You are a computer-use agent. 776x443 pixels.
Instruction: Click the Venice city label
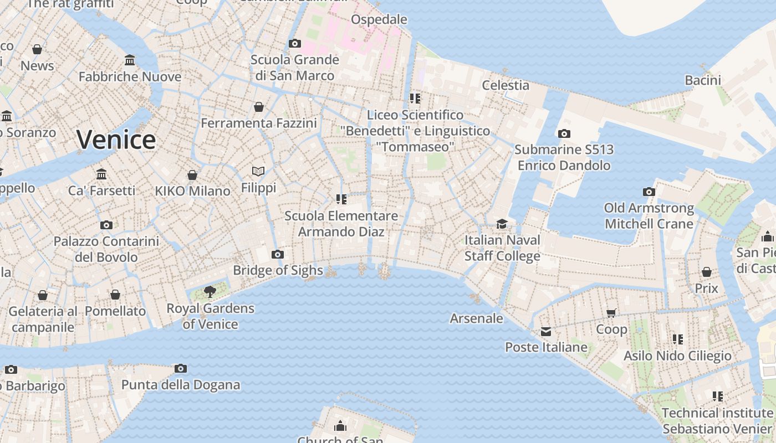(116, 140)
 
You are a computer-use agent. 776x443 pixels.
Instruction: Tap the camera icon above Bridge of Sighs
(278, 254)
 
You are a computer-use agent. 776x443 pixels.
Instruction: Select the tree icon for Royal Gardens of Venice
(210, 291)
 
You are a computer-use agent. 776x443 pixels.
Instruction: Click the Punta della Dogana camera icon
(180, 368)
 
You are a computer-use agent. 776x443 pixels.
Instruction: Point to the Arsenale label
(476, 318)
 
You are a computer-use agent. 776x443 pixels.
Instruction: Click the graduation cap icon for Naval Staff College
(502, 224)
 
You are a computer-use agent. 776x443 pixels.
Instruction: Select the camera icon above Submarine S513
(564, 133)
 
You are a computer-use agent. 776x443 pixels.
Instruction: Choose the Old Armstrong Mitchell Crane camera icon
(649, 192)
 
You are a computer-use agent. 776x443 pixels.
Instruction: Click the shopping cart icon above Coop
(611, 313)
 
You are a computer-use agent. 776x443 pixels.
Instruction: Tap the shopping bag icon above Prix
(706, 272)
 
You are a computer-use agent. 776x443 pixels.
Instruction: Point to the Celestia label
(505, 85)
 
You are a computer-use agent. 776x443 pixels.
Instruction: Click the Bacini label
(703, 80)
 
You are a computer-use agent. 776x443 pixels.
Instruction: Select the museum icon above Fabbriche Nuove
(130, 60)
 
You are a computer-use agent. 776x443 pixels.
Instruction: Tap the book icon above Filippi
(258, 171)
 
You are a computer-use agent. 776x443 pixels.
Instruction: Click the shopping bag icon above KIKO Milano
(192, 175)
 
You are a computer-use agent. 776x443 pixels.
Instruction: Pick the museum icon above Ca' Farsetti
(101, 174)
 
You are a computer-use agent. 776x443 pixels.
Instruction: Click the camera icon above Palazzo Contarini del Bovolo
(106, 225)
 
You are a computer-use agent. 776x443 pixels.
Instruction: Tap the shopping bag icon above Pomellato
(115, 295)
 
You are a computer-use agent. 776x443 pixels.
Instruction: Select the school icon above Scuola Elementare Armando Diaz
(341, 199)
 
